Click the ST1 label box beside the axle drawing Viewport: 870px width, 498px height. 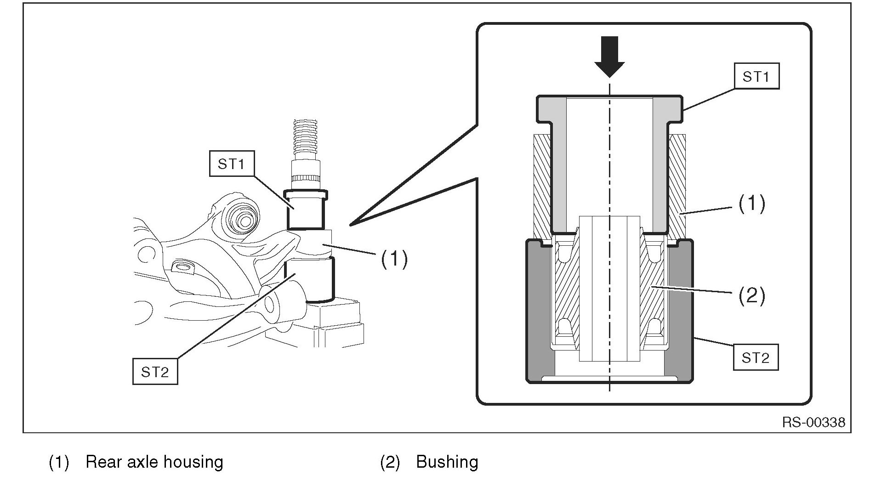231,164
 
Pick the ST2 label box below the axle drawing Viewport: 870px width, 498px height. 155,372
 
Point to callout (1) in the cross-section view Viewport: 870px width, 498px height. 751,203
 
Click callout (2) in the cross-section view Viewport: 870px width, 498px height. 751,295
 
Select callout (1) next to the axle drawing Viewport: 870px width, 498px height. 394,259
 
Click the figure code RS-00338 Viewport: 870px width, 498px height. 813,422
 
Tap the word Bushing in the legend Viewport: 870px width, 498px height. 447,462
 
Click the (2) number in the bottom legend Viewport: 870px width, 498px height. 390,462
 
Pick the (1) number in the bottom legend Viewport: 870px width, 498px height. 59,462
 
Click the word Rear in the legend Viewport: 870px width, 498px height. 101,462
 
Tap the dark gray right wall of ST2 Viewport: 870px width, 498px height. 679,312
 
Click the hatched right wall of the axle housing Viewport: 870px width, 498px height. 677,184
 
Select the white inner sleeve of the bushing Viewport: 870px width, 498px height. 609,285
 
